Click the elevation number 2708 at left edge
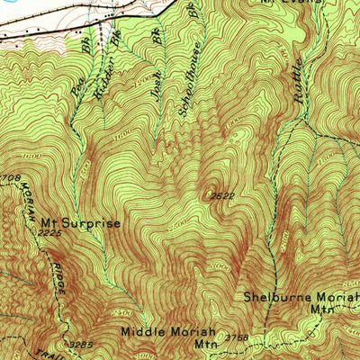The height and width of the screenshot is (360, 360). [9, 179]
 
